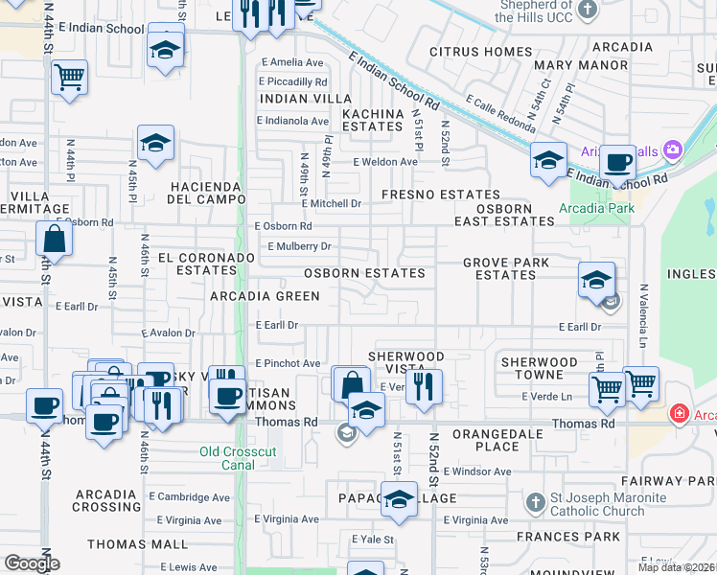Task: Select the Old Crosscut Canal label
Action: (x=228, y=458)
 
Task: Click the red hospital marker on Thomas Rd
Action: (x=680, y=414)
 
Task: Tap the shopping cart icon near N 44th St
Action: (x=69, y=76)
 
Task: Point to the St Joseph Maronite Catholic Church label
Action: (x=594, y=504)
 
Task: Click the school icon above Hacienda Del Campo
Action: (x=155, y=143)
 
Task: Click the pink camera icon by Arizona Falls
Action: (x=672, y=149)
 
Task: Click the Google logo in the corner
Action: (x=31, y=563)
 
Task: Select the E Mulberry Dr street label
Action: (x=299, y=246)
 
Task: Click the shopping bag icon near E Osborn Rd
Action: (x=55, y=239)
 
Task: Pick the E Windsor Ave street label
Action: (x=477, y=471)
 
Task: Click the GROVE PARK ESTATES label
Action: (x=505, y=268)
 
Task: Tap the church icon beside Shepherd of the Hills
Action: (x=589, y=10)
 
